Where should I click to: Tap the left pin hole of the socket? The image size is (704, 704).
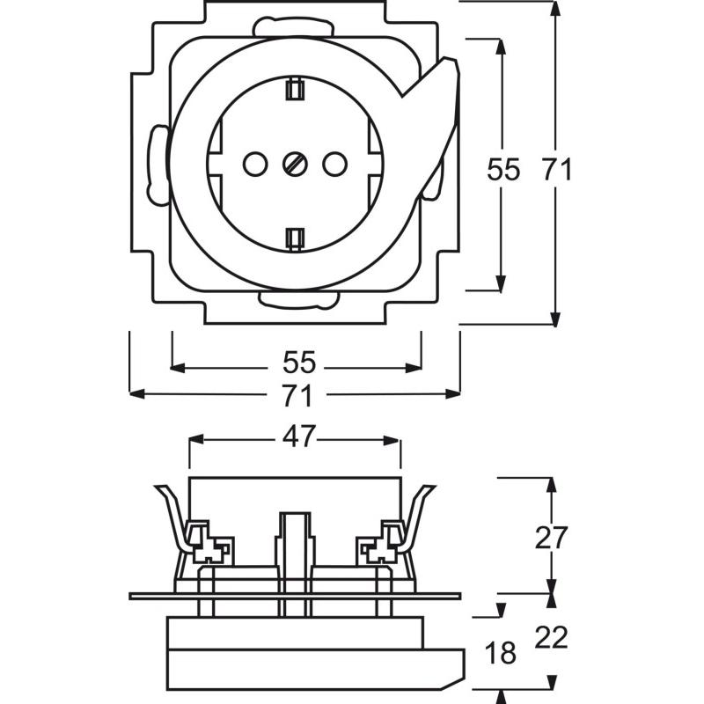coord(253,163)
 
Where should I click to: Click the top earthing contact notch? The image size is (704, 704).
coord(295,88)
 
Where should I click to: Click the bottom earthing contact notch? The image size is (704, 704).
coord(295,237)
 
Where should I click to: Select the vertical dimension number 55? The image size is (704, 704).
coord(504,169)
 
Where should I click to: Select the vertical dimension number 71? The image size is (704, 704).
coord(556,169)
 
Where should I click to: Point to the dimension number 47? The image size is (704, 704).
coord(297,437)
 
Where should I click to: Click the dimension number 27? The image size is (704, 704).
coord(553,537)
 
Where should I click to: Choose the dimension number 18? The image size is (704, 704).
coord(500,653)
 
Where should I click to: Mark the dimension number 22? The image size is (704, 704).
coord(553,636)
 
